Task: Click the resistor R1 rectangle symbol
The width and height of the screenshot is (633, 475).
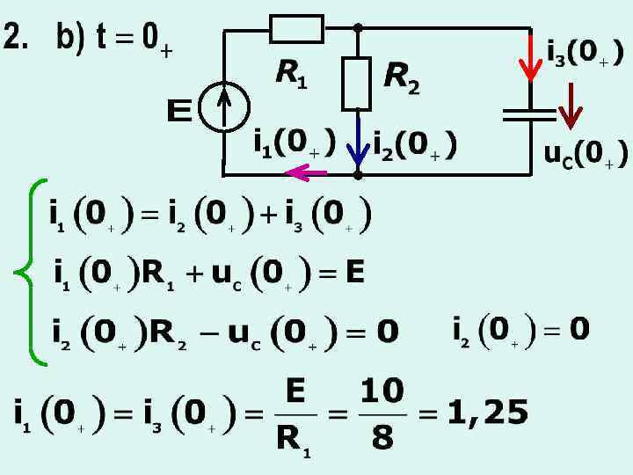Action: [x=297, y=28]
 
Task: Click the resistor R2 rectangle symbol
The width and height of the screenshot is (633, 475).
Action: [x=357, y=83]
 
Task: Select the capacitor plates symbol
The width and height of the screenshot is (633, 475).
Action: [x=529, y=113]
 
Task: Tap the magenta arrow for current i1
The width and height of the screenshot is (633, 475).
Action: [x=307, y=172]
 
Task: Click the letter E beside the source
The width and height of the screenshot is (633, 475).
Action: [x=179, y=112]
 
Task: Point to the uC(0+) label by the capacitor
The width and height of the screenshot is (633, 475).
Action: [x=586, y=155]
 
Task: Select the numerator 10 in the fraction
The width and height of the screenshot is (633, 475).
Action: [x=382, y=390]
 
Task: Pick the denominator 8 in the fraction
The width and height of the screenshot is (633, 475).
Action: [x=382, y=438]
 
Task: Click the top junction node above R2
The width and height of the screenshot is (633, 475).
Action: [x=357, y=28]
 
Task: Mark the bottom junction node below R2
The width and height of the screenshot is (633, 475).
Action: [x=357, y=174]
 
